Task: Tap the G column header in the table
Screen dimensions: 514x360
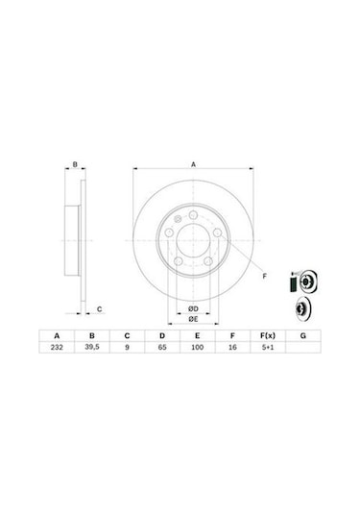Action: [x=302, y=337]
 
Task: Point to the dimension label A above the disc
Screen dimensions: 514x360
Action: [x=193, y=165]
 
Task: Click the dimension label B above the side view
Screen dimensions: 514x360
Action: [x=76, y=165]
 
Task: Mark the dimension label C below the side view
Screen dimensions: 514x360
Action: [x=99, y=308]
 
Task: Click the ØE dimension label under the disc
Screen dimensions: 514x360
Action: [x=192, y=318]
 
